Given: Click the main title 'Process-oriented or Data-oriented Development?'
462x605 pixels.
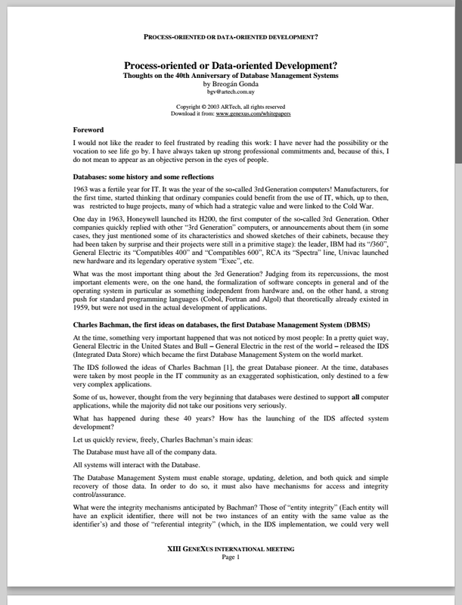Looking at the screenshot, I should click(x=231, y=66).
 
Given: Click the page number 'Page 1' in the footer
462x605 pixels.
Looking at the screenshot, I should click(x=231, y=579).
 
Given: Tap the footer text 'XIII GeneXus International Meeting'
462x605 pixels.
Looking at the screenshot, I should click(x=231, y=569).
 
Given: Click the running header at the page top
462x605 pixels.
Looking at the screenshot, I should click(x=231, y=36).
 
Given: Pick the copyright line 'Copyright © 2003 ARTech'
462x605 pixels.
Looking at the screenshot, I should click(x=231, y=107).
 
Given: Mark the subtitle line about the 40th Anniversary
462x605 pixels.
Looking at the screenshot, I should click(x=231, y=76).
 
